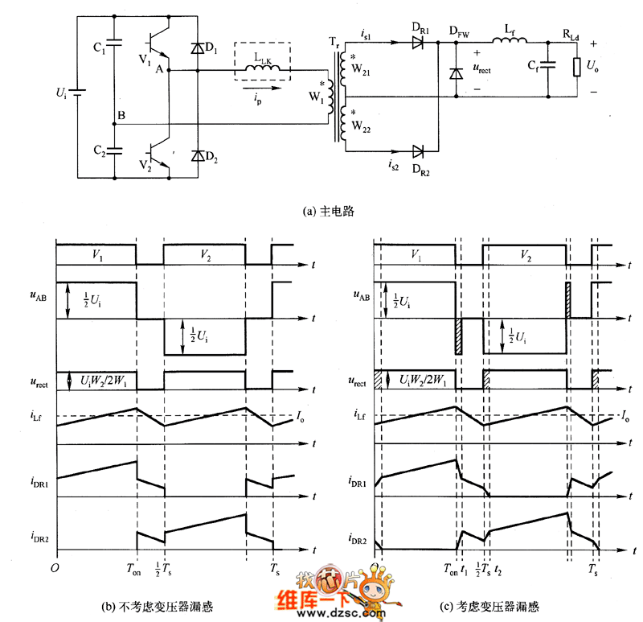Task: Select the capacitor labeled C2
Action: [x=114, y=150]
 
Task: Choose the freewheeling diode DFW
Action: [x=456, y=72]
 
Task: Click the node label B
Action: [x=121, y=116]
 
